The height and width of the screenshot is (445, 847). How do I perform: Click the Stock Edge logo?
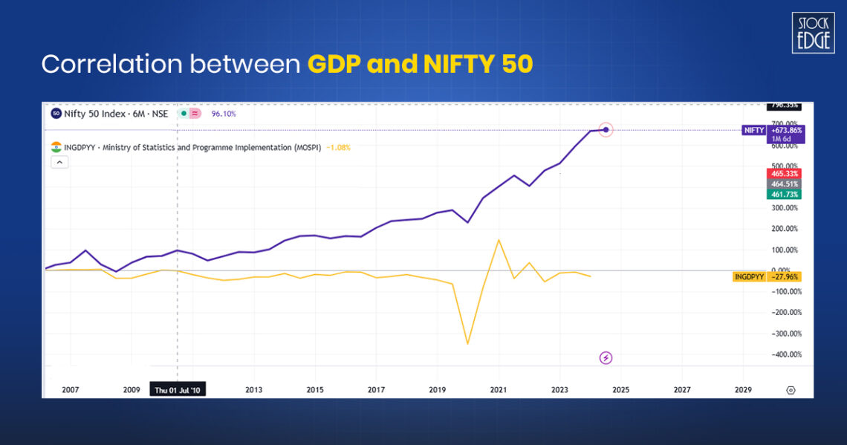pos(813,33)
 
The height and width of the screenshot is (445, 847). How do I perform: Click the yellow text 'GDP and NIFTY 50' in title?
pos(420,65)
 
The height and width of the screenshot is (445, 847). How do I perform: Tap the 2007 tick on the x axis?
pos(70,389)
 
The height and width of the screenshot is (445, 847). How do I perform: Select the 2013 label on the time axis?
pos(253,389)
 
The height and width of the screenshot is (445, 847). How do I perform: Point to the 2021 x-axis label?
pos(498,389)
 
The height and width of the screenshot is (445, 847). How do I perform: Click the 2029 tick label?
pos(743,389)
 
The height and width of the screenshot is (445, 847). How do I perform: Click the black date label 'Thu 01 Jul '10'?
pos(177,389)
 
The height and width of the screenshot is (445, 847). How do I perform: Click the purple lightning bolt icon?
pos(606,358)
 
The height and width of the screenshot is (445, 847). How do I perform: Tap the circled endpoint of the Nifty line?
pos(606,130)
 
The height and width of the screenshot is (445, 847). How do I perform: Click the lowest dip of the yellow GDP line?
pos(467,343)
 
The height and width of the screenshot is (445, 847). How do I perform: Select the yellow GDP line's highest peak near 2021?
pos(499,240)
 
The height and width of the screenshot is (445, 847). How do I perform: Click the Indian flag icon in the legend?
pos(56,147)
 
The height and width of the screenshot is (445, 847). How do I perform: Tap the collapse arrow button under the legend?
pos(59,163)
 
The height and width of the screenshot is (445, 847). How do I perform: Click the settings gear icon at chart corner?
pos(791,389)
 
